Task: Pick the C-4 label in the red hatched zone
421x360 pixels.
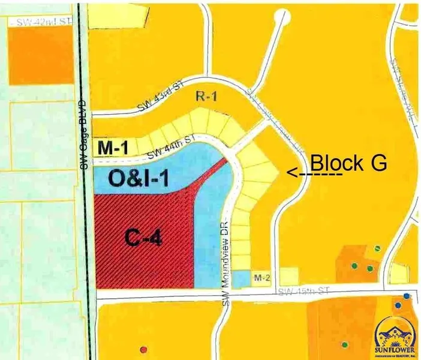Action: [145, 239]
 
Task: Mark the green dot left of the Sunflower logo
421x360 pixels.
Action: [345, 344]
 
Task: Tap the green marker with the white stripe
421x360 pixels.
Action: [377, 247]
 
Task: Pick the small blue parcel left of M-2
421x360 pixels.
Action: [240, 278]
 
